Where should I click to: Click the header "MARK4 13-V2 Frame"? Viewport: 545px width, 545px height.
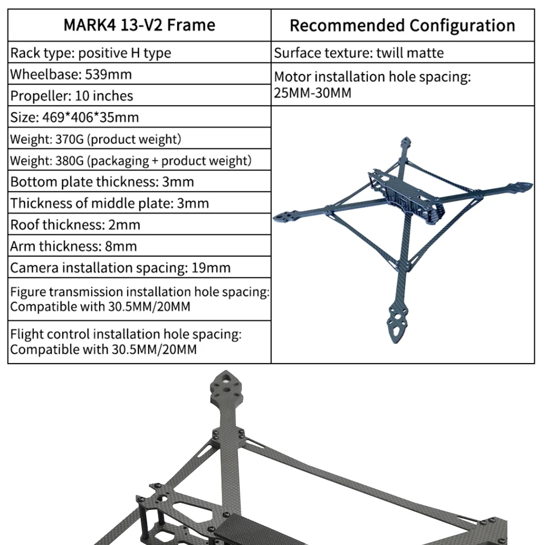(140, 25)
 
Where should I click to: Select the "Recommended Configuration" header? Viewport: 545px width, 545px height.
(402, 26)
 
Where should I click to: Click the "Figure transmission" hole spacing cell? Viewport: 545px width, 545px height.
(140, 299)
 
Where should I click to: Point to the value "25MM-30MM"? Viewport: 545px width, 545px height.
(313, 93)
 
